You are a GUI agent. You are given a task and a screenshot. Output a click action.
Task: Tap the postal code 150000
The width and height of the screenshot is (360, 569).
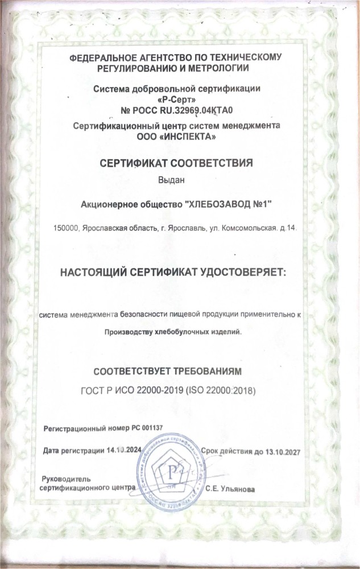point(65,229)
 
